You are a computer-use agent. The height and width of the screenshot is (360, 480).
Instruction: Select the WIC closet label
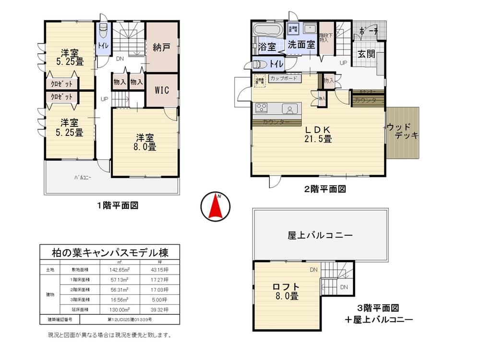pyautogui.click(x=161, y=91)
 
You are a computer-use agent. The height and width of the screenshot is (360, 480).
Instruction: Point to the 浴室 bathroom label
pyautogui.click(x=267, y=47)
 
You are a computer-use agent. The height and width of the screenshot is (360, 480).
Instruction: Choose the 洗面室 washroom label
pyautogui.click(x=301, y=45)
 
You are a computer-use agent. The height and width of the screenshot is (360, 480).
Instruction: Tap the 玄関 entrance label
pyautogui.click(x=366, y=54)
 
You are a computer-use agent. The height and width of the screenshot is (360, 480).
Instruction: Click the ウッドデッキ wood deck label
pyautogui.click(x=402, y=132)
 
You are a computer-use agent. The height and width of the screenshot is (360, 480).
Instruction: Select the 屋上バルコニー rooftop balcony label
pyautogui.click(x=320, y=236)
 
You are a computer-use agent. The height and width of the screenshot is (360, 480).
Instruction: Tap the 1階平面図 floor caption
pyautogui.click(x=118, y=205)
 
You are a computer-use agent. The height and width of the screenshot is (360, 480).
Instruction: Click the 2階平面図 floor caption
pyautogui.click(x=325, y=189)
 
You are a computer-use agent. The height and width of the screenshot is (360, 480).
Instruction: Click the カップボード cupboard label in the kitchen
pyautogui.click(x=283, y=78)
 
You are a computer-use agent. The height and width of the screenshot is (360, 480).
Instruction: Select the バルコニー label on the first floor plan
pyautogui.click(x=83, y=178)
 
